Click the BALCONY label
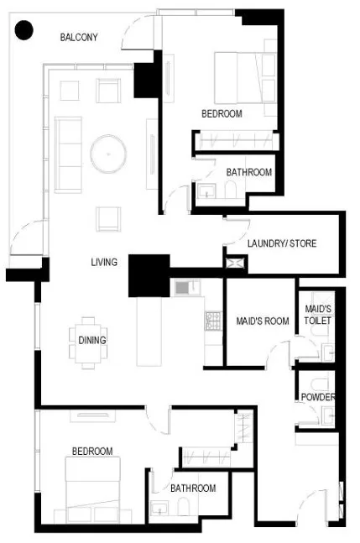[79, 37]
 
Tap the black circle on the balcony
[23, 30]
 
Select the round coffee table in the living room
[108, 154]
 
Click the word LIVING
[104, 262]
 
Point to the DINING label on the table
[92, 340]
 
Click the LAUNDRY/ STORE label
[282, 243]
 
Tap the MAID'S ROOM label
[263, 321]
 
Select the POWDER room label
[318, 397]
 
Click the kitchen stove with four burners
[213, 321]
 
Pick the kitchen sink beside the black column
[187, 287]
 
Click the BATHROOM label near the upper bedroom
[249, 172]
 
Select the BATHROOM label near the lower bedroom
[193, 488]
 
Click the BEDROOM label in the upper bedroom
[222, 113]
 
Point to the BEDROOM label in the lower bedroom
[92, 452]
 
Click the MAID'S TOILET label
[318, 315]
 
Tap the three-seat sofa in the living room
[68, 154]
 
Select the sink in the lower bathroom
[159, 509]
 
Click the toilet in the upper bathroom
[230, 190]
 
